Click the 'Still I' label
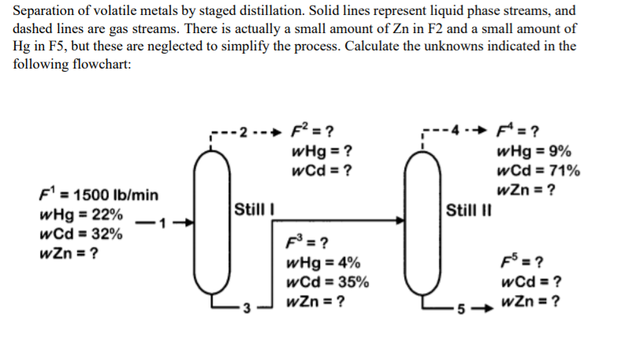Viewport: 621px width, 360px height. [251, 210]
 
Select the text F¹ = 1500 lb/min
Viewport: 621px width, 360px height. [98, 194]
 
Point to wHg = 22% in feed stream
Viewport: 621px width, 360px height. [81, 214]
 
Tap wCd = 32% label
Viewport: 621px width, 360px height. [80, 234]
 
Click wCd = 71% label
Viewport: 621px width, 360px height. [539, 171]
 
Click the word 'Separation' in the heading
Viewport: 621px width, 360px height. [44, 11]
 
